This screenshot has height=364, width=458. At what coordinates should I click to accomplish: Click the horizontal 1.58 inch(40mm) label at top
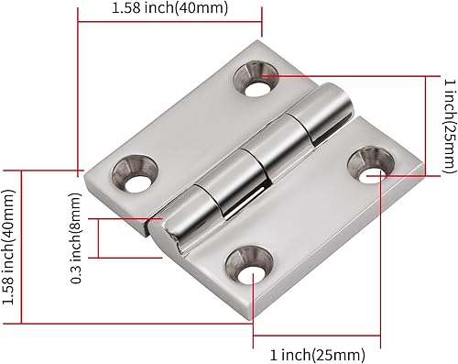(169, 9)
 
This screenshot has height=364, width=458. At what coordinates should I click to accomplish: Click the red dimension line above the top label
(169, 24)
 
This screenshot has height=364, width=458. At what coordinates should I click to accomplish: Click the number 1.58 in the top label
(129, 9)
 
